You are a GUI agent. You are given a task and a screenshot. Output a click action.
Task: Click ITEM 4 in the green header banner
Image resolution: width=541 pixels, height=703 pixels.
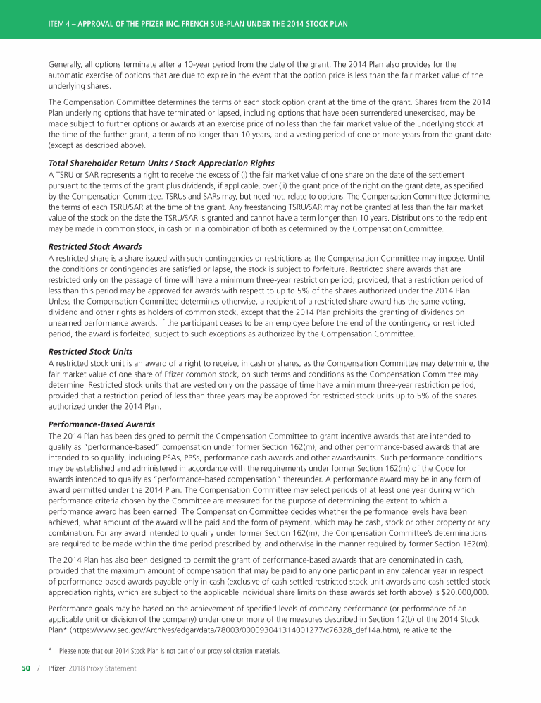tap(58, 24)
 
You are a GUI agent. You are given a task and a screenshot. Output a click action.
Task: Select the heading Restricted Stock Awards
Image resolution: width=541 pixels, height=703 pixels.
tap(95, 247)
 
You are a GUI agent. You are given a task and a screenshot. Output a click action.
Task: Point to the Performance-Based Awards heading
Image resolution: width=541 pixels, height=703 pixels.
tap(102, 424)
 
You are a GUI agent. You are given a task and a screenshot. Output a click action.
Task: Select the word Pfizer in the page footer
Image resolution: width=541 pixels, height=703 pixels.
tap(57, 668)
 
